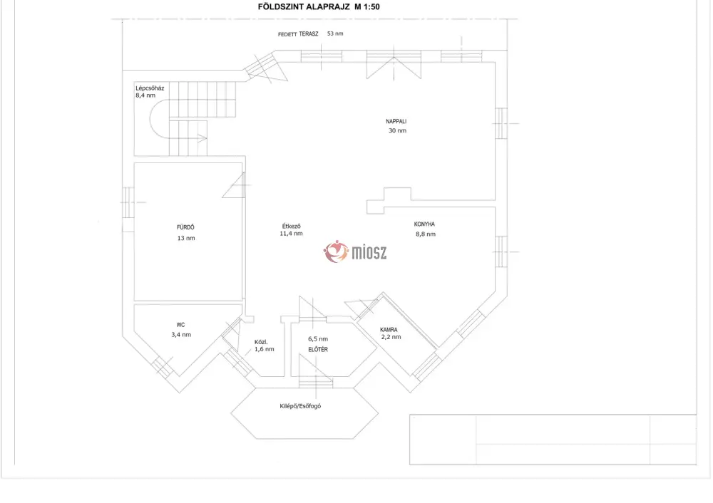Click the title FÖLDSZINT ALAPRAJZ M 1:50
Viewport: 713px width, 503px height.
[x=318, y=7]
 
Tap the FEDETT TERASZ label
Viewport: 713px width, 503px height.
[x=298, y=34]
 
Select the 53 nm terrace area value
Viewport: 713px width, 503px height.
[x=335, y=33]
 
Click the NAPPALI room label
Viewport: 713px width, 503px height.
[x=396, y=121]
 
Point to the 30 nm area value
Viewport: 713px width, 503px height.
[x=397, y=130]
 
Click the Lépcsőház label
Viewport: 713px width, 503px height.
[x=150, y=88]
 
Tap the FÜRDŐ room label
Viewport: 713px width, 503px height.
[x=185, y=227]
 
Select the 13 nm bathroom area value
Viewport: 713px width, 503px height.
[x=186, y=238]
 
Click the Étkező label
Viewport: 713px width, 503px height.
[x=292, y=226]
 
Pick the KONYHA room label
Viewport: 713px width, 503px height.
[x=424, y=224]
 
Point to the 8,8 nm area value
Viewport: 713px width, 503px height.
[x=426, y=234]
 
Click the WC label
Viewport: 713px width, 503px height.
[x=180, y=325]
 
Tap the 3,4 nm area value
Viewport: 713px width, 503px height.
[x=181, y=335]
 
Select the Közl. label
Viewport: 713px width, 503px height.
[x=261, y=342]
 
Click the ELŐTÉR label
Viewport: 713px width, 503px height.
[x=318, y=349]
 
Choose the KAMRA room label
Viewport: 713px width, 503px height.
[x=389, y=330]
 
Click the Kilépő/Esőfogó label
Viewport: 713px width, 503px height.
[x=300, y=406]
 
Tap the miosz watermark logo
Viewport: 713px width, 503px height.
[x=355, y=251]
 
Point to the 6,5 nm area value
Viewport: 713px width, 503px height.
[x=318, y=339]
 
